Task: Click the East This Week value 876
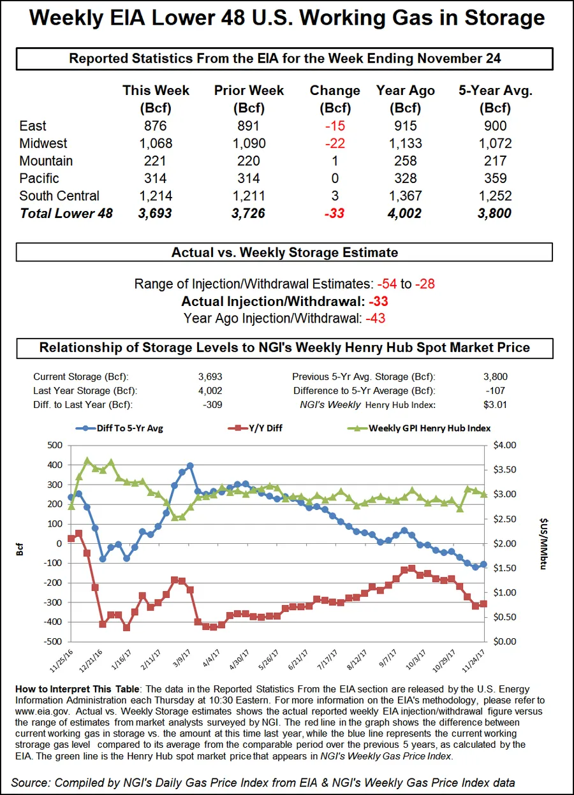[x=156, y=126]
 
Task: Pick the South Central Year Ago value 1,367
[x=405, y=196]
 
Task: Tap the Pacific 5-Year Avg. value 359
[x=495, y=179]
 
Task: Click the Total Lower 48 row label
[x=66, y=214]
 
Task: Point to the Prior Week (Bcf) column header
[x=249, y=98]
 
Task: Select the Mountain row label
[x=46, y=161]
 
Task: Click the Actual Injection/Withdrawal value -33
[x=377, y=302]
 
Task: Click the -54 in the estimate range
[x=386, y=284]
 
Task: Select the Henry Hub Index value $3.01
[x=495, y=405]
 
